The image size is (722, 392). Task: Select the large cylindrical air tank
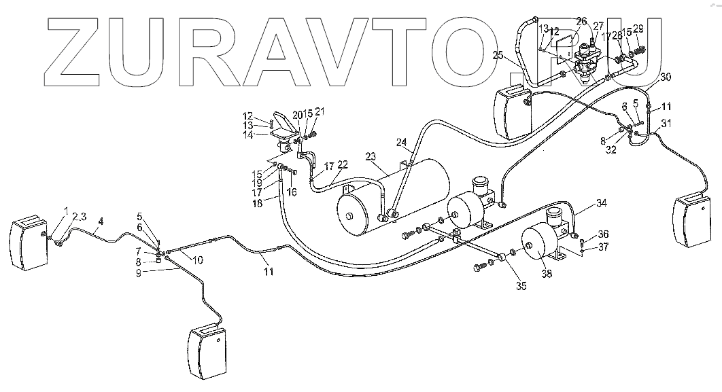tap(394, 194)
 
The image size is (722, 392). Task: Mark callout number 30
tap(665, 77)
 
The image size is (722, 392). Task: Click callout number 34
tap(601, 202)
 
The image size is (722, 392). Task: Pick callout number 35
tap(521, 286)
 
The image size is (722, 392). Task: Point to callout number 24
tap(401, 143)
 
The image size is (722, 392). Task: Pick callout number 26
tap(581, 22)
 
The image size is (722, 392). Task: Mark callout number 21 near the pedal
tap(320, 112)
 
